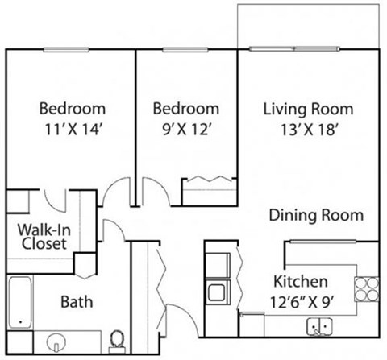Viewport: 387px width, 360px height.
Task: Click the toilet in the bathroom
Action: (118, 341)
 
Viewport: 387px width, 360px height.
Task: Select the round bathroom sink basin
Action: (58, 342)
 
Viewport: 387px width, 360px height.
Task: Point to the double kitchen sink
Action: (320, 327)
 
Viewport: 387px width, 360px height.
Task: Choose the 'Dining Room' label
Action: (316, 215)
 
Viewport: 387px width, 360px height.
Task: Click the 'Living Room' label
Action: (309, 108)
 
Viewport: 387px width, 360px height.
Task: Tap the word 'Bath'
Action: (77, 302)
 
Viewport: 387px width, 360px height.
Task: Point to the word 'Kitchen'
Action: (301, 282)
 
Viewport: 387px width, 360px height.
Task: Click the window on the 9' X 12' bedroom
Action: (185, 49)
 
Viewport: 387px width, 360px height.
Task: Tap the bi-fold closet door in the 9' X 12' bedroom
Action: (208, 180)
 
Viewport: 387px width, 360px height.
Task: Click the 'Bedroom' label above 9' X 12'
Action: (186, 108)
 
